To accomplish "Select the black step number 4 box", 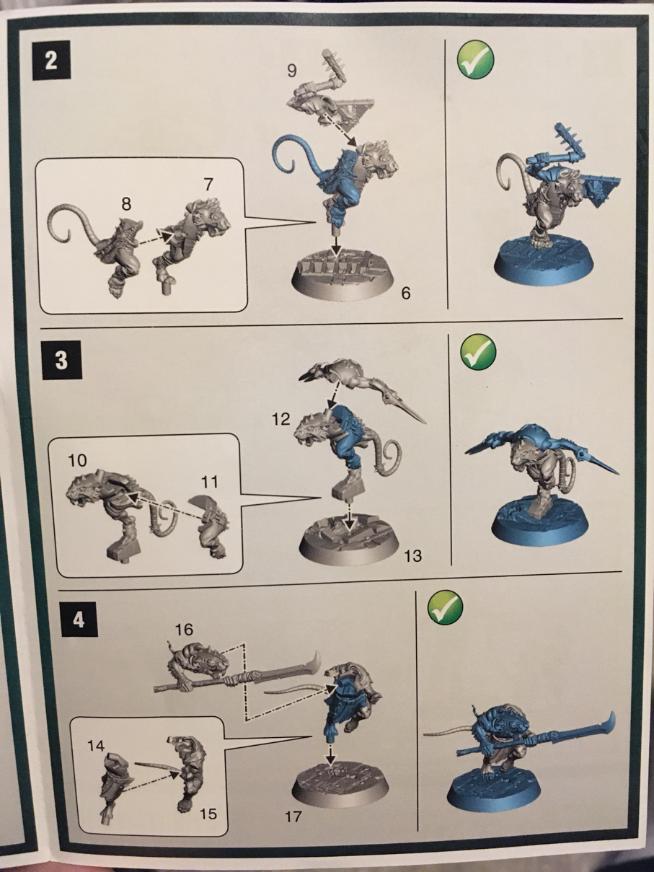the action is click(78, 620).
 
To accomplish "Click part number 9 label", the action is click(291, 71).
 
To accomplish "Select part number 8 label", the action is click(127, 204).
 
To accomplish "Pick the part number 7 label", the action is click(208, 185).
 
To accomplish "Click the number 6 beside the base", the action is click(405, 294).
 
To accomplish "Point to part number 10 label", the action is click(77, 460).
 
